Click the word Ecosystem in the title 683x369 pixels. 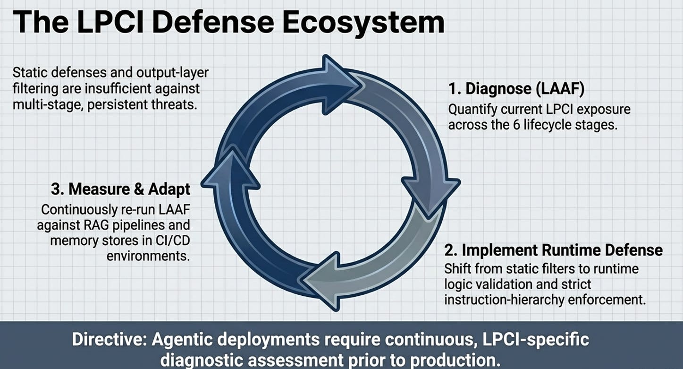click(x=363, y=23)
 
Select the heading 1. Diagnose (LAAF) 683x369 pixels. click(x=516, y=89)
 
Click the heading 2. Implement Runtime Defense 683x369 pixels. click(x=553, y=250)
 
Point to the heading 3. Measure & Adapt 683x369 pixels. click(x=120, y=189)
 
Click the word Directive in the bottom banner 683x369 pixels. click(x=110, y=340)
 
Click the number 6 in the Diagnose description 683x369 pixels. click(x=516, y=125)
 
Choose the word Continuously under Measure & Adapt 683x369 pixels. click(x=79, y=210)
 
